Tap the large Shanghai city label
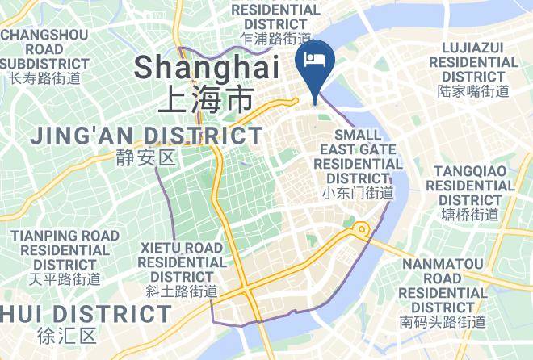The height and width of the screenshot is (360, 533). [207, 67]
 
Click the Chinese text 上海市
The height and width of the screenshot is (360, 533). [205, 100]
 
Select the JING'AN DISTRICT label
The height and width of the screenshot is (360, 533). [147, 136]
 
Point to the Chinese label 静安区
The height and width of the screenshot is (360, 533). [145, 157]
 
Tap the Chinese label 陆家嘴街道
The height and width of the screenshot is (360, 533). [473, 91]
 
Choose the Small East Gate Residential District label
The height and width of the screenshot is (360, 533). [358, 157]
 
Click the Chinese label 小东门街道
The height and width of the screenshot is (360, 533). [358, 193]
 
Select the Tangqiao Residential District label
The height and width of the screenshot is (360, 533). [473, 186]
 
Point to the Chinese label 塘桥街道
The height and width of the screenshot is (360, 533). [471, 215]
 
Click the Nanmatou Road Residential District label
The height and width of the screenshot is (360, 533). [443, 285]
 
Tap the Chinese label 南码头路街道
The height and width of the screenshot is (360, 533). [443, 322]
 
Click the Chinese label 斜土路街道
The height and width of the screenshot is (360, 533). [182, 291]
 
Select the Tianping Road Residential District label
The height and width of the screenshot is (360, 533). [65, 250]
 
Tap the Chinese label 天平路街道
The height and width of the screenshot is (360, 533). [65, 279]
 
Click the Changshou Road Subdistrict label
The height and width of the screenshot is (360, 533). [44, 48]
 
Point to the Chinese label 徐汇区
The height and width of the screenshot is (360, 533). [66, 334]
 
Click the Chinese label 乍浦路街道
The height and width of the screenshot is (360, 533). [275, 39]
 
